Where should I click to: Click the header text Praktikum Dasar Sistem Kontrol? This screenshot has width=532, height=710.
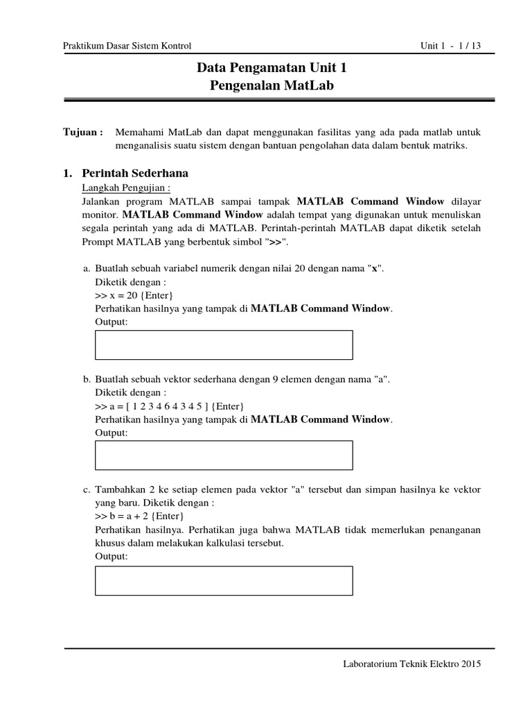tap(127, 46)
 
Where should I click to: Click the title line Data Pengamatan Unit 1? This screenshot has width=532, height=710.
tap(272, 68)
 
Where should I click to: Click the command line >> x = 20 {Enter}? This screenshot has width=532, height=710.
tap(132, 295)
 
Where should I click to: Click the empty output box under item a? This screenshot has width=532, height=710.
tap(223, 345)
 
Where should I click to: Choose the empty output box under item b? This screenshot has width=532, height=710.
tap(223, 455)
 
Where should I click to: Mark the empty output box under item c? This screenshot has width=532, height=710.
tap(223, 580)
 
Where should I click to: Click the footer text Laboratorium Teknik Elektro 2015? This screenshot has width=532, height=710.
tap(412, 664)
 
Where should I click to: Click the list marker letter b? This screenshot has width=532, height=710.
tap(87, 379)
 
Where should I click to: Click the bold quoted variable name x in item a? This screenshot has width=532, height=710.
tap(374, 269)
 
